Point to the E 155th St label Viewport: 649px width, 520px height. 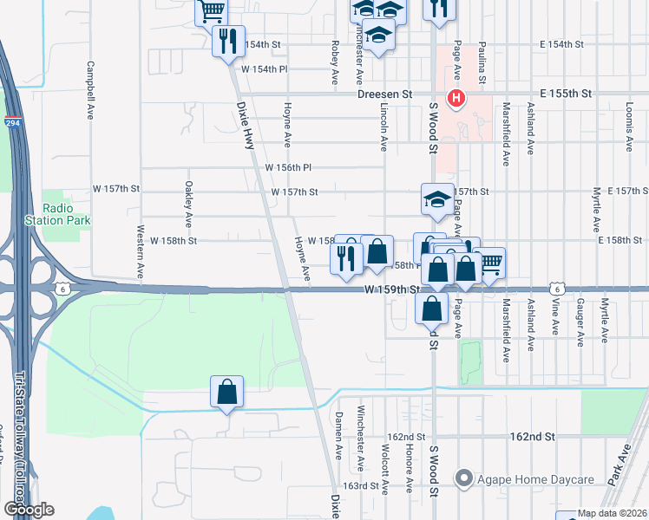(x=565, y=93)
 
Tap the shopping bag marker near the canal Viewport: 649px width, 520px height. (x=226, y=392)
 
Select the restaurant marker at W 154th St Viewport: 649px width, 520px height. (x=228, y=41)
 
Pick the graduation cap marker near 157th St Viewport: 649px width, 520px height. (x=436, y=199)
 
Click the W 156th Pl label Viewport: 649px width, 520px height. (x=288, y=167)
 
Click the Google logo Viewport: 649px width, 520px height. (x=29, y=510)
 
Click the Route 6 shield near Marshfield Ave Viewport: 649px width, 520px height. (x=558, y=288)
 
